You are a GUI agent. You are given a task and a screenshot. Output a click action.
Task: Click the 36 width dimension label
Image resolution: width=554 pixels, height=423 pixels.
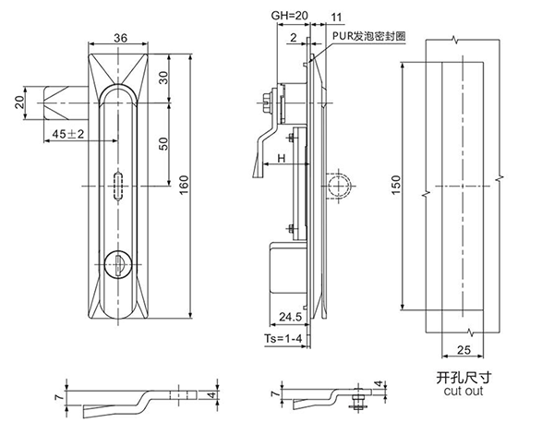[x=119, y=38]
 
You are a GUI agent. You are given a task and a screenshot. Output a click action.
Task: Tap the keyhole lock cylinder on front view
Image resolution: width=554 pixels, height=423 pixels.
[x=119, y=264]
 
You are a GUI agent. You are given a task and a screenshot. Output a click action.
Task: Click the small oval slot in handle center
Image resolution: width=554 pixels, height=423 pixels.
[x=118, y=186]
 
